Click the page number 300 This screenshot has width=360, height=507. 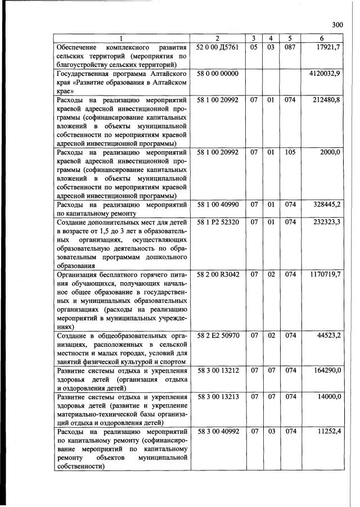[x=337, y=24]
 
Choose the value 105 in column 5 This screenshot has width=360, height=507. [x=290, y=152]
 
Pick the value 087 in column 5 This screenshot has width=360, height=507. [x=290, y=47]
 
